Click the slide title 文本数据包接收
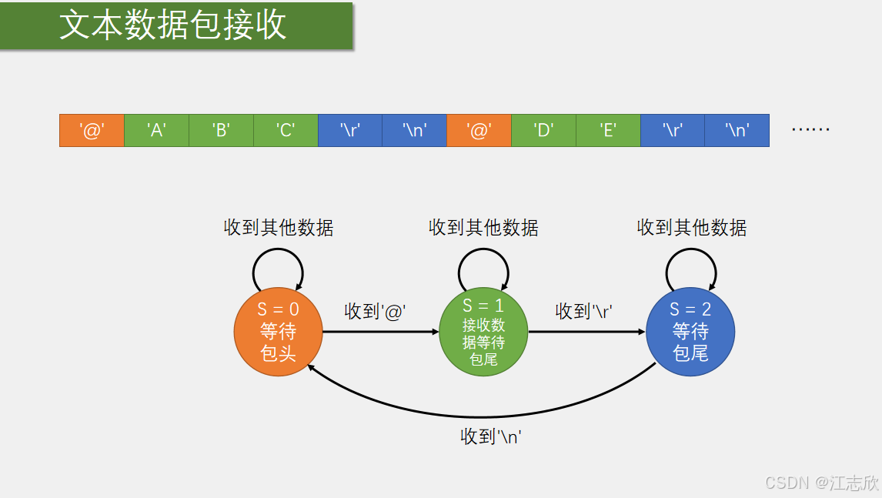(x=173, y=25)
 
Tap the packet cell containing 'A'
(x=156, y=130)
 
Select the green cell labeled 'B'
(x=221, y=130)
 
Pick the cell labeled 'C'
(x=286, y=130)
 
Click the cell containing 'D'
(x=543, y=130)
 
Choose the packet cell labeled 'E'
(x=608, y=130)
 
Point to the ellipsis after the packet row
(x=810, y=129)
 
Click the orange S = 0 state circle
(x=278, y=333)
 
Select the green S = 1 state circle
(x=483, y=333)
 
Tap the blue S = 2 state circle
(x=690, y=333)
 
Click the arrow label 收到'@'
(x=375, y=311)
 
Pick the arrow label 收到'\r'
(x=583, y=311)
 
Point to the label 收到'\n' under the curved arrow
(x=491, y=436)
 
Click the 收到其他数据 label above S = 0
(x=279, y=227)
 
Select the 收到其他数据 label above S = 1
(x=483, y=227)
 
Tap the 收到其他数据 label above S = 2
(x=692, y=227)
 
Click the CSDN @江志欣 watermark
(x=821, y=483)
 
